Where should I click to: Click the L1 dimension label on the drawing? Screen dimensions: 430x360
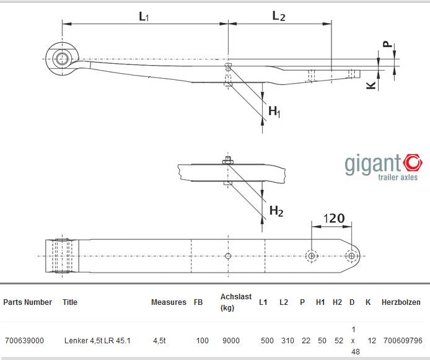(144, 17)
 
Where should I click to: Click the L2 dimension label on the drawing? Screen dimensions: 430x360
(279, 16)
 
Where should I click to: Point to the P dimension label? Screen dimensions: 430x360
(387, 44)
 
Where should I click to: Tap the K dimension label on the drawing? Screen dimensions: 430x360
(371, 86)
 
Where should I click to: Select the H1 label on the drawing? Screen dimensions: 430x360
(274, 112)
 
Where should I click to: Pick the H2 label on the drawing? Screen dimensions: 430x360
(276, 211)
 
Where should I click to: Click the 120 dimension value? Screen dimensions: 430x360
(334, 219)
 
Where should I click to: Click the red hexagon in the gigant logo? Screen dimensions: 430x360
(413, 163)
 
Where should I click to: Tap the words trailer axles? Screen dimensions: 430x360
(398, 177)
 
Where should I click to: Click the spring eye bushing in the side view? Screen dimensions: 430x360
(62, 59)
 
